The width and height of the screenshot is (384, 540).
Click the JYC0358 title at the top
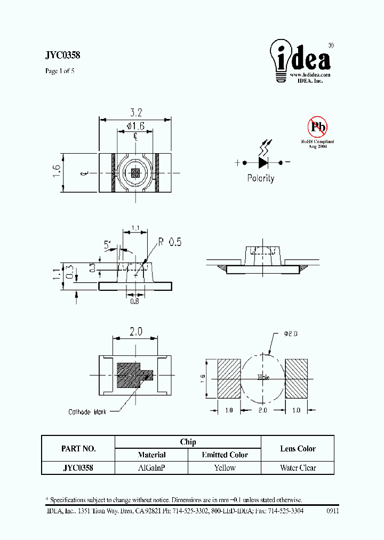click(63, 54)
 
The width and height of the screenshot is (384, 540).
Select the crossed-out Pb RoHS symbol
click(317, 127)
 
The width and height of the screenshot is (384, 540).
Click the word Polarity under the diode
click(261, 178)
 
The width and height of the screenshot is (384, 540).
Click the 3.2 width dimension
click(136, 113)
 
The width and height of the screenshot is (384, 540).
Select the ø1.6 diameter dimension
click(136, 126)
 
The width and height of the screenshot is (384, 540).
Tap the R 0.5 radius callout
click(170, 242)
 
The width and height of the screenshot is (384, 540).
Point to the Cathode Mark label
click(87, 411)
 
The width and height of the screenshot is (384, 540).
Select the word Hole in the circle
click(263, 377)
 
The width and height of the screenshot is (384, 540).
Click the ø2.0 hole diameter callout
click(289, 334)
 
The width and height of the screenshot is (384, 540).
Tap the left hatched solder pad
click(229, 378)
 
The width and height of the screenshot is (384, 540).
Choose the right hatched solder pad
click(297, 378)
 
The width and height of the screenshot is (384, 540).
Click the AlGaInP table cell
click(151, 468)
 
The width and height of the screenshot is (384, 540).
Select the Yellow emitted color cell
click(225, 468)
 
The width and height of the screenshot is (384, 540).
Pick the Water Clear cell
click(298, 468)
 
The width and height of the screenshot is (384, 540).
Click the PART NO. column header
click(78, 449)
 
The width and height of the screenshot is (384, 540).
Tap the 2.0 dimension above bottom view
click(135, 331)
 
